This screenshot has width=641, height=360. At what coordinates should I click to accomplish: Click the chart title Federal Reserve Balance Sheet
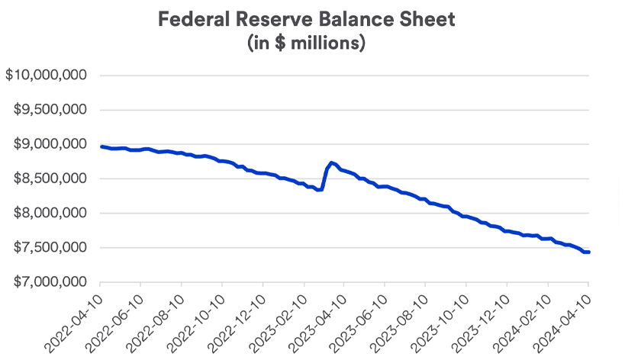pyautogui.click(x=306, y=19)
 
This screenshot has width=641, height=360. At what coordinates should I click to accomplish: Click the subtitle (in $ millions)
pyautogui.click(x=306, y=43)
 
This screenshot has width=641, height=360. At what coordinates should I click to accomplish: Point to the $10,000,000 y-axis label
pyautogui.click(x=47, y=76)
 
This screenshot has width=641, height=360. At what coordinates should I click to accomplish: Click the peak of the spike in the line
pyautogui.click(x=330, y=162)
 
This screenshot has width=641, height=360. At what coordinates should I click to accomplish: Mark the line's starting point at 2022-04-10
pyautogui.click(x=101, y=146)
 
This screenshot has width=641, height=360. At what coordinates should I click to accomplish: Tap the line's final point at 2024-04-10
pyautogui.click(x=588, y=252)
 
